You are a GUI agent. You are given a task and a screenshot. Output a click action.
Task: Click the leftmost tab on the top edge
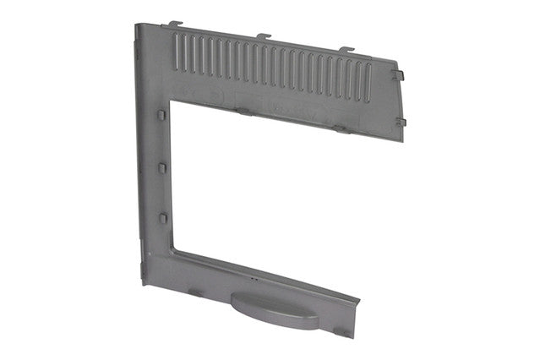point(175,24)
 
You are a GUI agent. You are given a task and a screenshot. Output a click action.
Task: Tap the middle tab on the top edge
point(264,35)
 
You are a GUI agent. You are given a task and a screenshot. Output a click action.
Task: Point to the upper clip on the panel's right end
point(399,74)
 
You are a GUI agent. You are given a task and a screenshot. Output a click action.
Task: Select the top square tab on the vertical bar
point(161,113)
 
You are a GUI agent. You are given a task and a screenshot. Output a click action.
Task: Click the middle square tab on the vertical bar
point(161,167)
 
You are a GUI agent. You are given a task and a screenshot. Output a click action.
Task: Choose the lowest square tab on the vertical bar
point(161,218)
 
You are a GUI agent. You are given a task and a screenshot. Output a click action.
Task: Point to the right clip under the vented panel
point(340,129)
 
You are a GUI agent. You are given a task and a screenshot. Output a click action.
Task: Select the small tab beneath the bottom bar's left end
point(194,292)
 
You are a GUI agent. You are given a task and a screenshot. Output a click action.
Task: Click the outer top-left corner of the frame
point(135,23)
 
